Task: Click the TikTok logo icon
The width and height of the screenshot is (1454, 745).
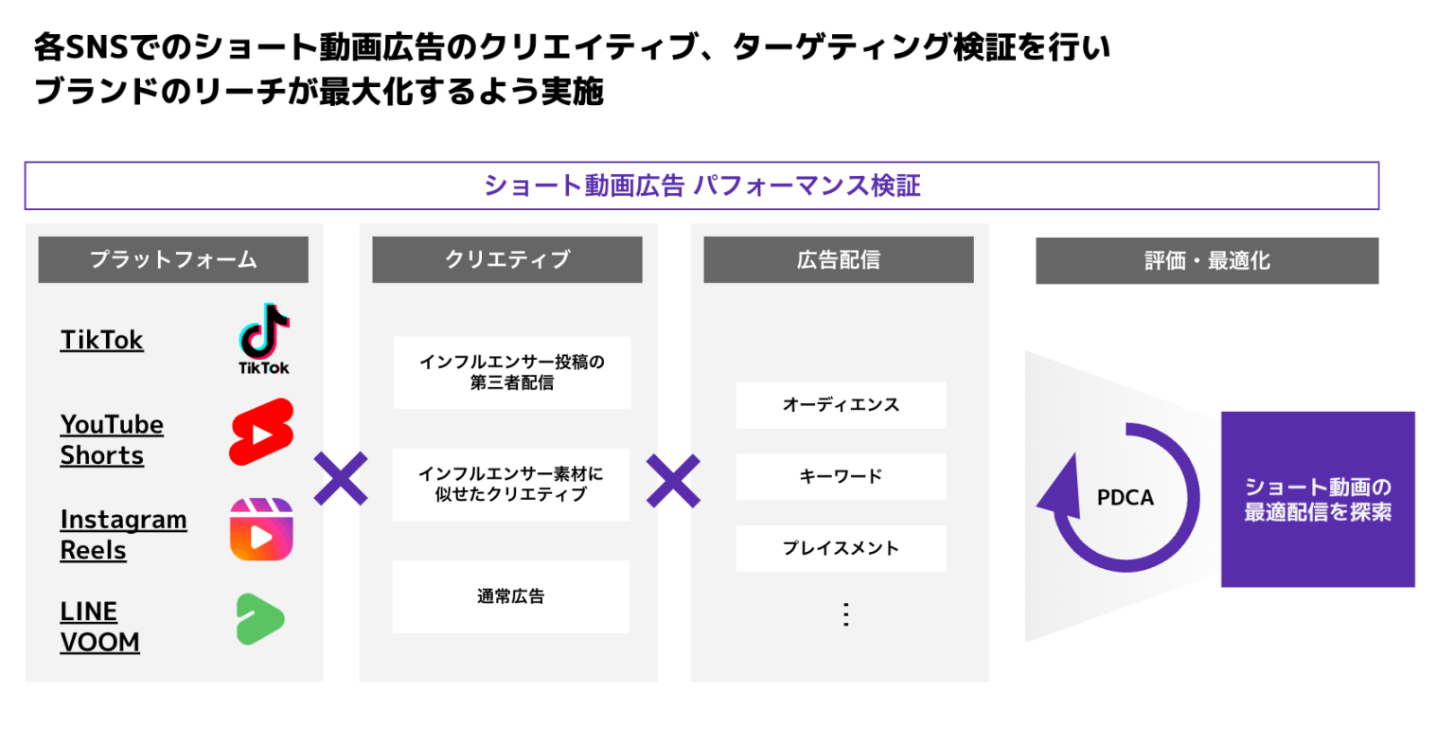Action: (x=263, y=339)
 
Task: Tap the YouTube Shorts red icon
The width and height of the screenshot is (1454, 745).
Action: (x=261, y=433)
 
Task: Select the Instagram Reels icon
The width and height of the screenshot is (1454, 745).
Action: (x=261, y=529)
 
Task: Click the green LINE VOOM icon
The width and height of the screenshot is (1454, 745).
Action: (x=259, y=619)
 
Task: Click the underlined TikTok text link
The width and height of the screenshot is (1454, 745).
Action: (x=101, y=340)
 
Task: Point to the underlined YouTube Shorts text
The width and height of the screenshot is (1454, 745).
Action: (x=112, y=439)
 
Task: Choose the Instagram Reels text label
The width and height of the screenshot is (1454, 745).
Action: (x=123, y=534)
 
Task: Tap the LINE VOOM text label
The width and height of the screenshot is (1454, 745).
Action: (x=100, y=627)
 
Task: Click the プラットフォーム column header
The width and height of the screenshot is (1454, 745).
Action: (x=173, y=259)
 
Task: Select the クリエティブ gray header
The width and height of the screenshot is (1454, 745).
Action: (x=507, y=259)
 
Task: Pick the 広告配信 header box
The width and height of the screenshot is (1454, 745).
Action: (x=839, y=259)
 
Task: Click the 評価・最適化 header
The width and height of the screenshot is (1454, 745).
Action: (x=1207, y=261)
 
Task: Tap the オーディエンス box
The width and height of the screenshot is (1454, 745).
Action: (x=841, y=405)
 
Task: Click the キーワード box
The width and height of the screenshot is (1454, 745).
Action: (x=841, y=476)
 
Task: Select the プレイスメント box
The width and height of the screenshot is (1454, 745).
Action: (x=841, y=548)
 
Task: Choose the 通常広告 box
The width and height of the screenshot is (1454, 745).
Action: (x=511, y=596)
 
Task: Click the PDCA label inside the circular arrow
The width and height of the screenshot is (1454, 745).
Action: (x=1125, y=498)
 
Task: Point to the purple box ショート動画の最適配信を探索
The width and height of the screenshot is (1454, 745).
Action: (x=1318, y=499)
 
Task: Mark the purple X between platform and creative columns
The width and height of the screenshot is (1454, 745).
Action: (x=341, y=479)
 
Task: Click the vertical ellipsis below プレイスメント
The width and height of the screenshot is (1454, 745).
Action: (x=845, y=614)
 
